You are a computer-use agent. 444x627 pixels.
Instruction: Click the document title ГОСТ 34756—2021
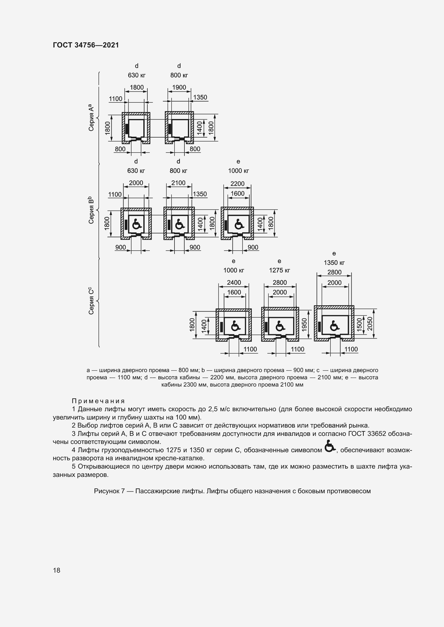point(86,45)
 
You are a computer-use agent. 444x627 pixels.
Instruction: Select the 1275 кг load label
point(279,270)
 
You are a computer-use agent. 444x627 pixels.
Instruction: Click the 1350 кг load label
point(334,263)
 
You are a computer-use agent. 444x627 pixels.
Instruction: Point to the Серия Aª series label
point(91,118)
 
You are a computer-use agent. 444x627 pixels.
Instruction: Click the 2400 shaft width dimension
point(234,282)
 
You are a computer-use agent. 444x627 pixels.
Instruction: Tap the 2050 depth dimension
point(370,324)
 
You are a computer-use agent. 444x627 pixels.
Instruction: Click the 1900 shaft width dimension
point(179,87)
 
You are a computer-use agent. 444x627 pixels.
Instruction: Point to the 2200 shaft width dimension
point(237,184)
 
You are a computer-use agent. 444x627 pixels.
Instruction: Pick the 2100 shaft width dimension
point(178,183)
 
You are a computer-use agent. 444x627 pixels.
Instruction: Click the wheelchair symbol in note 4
point(330,447)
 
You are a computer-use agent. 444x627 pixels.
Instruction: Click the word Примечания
point(99,401)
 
